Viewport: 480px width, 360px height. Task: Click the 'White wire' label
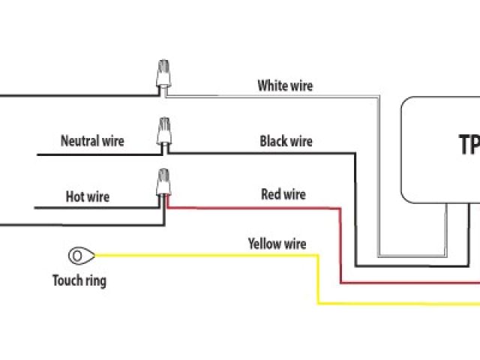285,85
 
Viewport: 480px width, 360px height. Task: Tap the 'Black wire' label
286,141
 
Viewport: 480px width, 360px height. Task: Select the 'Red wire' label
283,195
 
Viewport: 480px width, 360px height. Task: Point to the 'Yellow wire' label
277,244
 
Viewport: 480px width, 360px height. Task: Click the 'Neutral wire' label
92,140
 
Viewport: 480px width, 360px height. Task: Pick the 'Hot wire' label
87,197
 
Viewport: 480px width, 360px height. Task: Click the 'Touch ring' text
79,281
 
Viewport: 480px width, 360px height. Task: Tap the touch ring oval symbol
78,256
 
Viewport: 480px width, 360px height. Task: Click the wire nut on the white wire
161,76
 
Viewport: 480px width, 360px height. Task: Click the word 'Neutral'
77,140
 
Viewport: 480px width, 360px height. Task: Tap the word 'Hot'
74,197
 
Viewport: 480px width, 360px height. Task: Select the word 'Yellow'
263,244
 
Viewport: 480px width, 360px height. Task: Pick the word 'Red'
270,195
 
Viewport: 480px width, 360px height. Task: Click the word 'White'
271,85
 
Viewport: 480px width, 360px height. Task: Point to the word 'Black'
273,141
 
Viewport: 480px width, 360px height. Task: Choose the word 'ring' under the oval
95,282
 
